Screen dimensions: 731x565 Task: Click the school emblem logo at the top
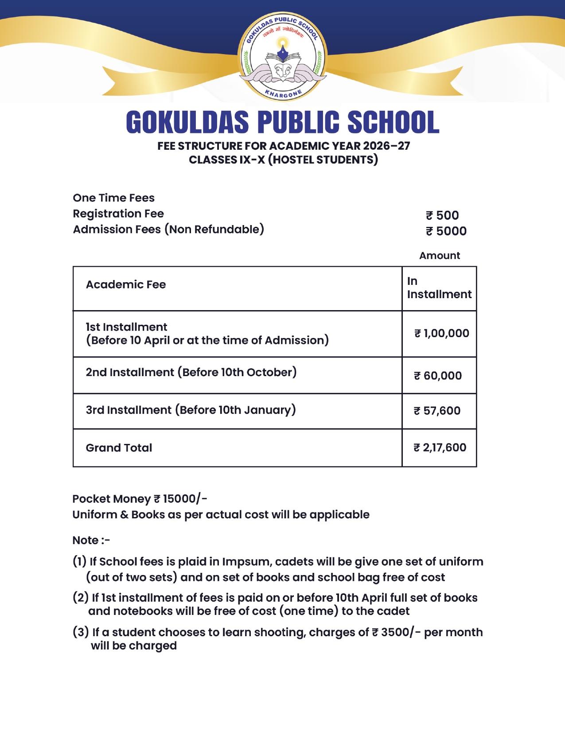click(283, 56)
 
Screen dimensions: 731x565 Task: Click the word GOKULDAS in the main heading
click(187, 122)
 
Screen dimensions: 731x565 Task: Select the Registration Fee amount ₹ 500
click(442, 216)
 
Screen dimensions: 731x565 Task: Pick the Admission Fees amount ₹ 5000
click(446, 231)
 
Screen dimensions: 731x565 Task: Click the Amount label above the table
click(440, 256)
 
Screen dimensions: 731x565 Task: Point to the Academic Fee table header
click(126, 284)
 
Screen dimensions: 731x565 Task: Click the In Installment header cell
click(439, 288)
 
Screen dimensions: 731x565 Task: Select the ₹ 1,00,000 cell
click(441, 334)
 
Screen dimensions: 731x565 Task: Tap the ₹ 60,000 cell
click(438, 376)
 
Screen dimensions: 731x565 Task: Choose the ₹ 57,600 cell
click(437, 411)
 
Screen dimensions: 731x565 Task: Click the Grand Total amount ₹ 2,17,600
click(440, 448)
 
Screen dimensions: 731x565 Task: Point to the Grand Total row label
click(119, 448)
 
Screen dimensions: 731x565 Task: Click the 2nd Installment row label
click(191, 372)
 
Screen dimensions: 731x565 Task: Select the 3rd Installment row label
click(191, 410)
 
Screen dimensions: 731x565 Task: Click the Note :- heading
click(91, 540)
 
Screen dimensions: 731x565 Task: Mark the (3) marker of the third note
click(81, 632)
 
